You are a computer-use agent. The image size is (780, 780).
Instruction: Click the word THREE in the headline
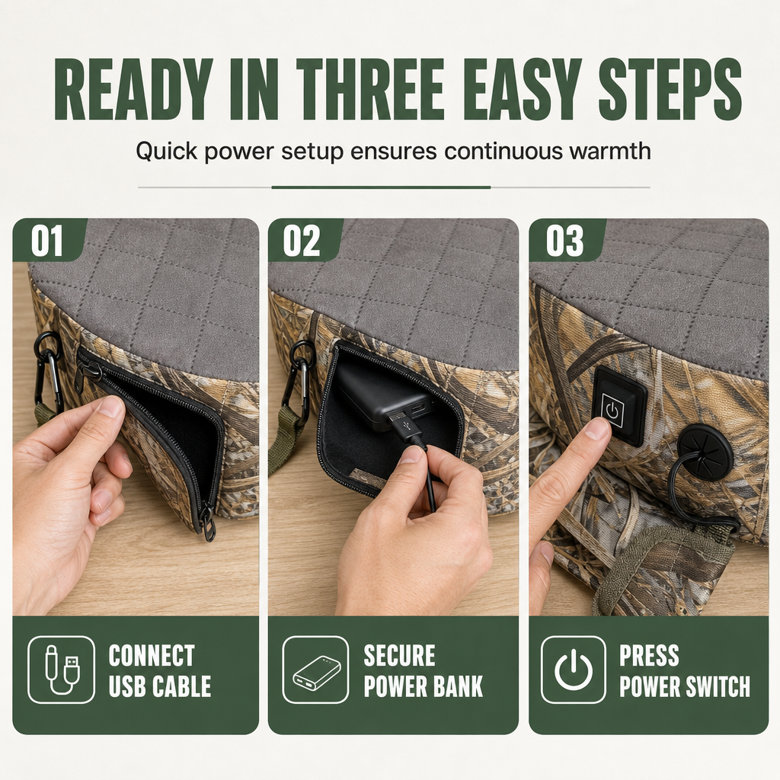pos(369,90)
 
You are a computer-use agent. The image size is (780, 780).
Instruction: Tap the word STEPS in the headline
pos(670,90)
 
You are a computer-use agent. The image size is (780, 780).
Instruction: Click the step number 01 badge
pos(47,241)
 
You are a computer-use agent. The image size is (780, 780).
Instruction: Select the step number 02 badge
pos(302,241)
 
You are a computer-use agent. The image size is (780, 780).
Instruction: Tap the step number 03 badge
pos(564,241)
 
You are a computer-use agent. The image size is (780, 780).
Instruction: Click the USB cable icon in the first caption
pos(62,670)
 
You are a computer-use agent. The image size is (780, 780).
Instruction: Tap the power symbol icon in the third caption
pos(574,670)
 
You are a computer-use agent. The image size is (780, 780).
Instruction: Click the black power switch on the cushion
pos(619,405)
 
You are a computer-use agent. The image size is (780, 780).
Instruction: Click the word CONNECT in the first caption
pos(152,655)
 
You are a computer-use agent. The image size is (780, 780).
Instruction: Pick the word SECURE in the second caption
pos(399,655)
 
